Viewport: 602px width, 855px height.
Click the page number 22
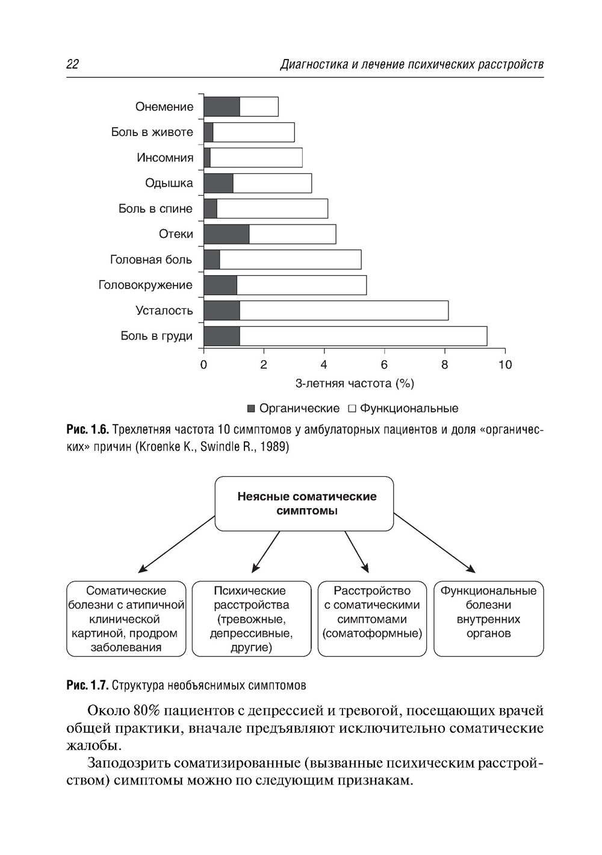72,64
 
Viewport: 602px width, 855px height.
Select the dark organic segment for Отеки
226,234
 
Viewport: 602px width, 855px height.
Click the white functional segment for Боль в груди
363,336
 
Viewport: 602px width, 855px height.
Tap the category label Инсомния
165,158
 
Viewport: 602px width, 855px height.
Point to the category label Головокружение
145,285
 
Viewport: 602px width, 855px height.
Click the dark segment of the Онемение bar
222,107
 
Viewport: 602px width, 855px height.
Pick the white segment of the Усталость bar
344,311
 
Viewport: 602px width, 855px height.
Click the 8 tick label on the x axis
445,364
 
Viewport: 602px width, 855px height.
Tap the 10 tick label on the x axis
505,364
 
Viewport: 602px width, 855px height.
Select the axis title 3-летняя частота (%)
355,384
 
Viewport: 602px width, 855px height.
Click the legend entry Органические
293,408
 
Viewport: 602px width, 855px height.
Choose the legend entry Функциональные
403,408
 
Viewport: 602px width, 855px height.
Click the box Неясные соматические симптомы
305,504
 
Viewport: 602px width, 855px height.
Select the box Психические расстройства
252,618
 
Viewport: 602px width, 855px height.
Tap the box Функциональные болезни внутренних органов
488,618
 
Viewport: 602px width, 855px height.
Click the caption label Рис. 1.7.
87,685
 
